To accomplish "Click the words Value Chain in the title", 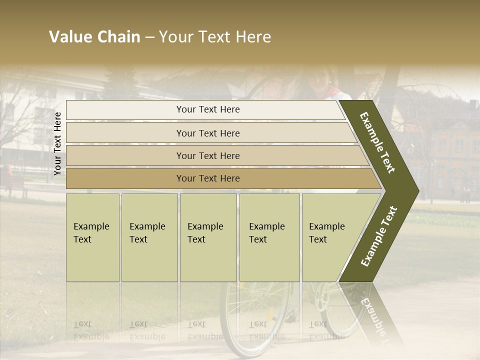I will tap(94, 37).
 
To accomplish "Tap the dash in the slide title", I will tap(149, 37).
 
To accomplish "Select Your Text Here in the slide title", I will tap(215, 37).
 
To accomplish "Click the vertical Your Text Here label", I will tap(57, 143).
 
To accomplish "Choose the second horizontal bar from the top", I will tap(208, 133).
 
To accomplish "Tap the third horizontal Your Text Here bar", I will tap(208, 155).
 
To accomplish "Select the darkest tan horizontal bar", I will tap(208, 178).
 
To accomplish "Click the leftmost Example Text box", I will tap(92, 237).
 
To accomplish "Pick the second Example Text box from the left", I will tap(149, 237).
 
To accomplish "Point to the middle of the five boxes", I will tap(208, 237).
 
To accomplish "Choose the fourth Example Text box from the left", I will tap(269, 237).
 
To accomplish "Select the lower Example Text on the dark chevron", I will tap(379, 236).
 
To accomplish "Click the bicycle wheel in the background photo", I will tap(255, 320).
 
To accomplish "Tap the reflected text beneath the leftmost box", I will tap(91, 330).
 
